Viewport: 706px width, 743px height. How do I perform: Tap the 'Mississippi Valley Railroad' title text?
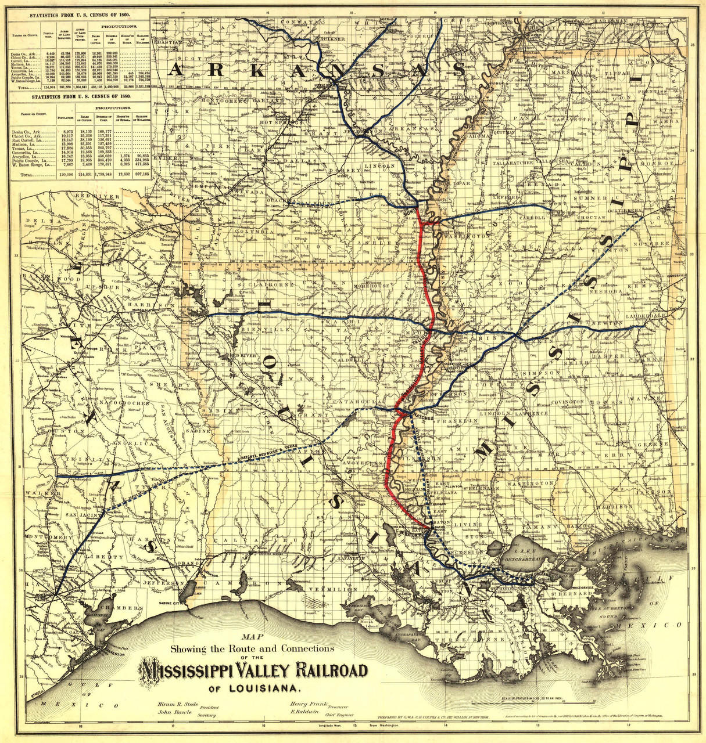coord(253,670)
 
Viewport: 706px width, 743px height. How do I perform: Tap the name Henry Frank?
coord(307,704)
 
